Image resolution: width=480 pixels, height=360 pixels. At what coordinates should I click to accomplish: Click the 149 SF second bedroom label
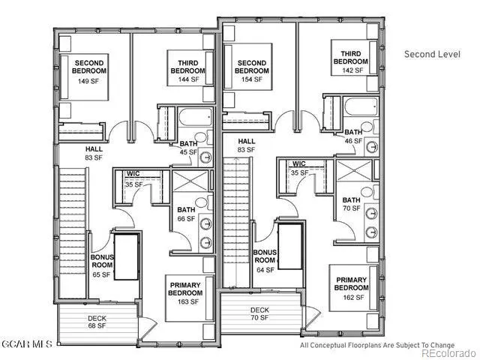(89, 70)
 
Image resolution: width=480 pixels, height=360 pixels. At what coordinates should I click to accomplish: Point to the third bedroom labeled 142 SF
(351, 61)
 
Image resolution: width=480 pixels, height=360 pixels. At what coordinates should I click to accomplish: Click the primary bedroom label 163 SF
(184, 293)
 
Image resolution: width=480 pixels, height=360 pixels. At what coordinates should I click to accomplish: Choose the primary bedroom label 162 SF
(351, 289)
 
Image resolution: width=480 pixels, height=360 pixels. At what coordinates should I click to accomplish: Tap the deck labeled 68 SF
(97, 322)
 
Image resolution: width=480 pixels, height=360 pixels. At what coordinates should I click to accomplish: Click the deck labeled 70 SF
(259, 313)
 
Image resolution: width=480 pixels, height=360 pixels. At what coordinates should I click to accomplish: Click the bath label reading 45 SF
(188, 148)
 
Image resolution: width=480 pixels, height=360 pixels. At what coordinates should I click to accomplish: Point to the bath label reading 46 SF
(353, 136)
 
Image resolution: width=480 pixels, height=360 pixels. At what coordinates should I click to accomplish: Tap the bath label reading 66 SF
(185, 214)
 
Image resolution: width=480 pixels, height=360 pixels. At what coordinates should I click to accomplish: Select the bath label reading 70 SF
(351, 203)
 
